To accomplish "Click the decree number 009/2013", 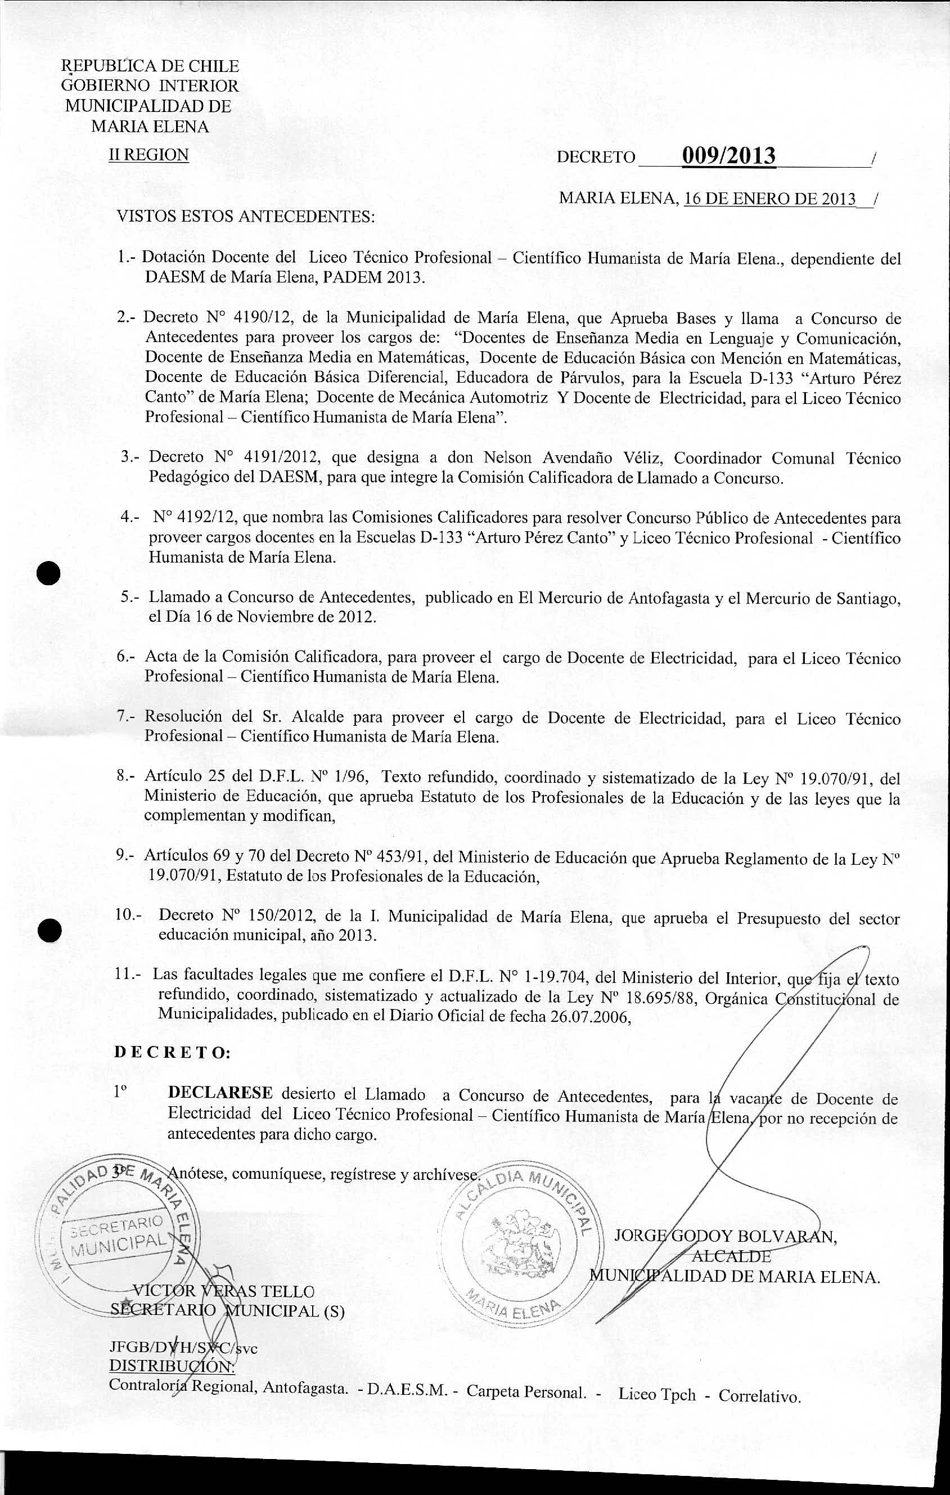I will [728, 155].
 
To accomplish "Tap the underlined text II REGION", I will [149, 155].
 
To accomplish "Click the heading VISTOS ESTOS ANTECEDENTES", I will [246, 217].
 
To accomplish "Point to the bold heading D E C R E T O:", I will [173, 1053].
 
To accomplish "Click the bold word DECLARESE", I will [220, 1093].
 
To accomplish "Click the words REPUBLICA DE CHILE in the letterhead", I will [150, 66].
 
